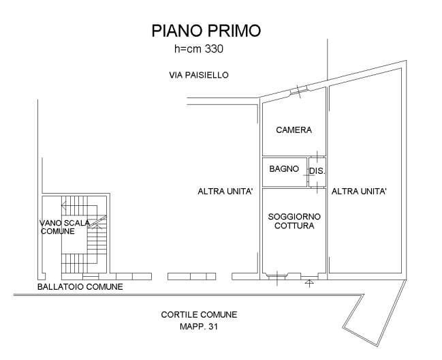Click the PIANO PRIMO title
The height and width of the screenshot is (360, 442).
point(206,31)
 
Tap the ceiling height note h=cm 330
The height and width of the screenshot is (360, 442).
point(199,49)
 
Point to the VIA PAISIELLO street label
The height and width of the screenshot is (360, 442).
point(199,75)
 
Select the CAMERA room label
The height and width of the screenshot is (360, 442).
point(294,130)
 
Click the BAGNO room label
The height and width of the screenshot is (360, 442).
point(284,168)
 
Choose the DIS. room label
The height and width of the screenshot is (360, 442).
point(317,171)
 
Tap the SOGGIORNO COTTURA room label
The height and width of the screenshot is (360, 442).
point(294,221)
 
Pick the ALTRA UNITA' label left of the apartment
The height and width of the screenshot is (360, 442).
point(225,192)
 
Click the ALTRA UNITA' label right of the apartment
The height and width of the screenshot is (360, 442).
point(359,192)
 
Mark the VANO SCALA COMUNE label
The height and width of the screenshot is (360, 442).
point(65,227)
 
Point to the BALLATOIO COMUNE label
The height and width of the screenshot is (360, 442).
point(80,287)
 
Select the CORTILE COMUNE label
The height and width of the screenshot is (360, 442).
point(199,314)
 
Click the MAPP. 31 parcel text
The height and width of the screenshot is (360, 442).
point(199,327)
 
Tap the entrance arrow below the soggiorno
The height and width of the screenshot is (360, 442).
point(309,283)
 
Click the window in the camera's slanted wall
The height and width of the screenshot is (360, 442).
point(299,90)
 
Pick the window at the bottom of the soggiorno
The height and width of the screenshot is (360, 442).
point(277,277)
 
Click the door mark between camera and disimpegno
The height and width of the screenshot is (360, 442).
point(317,157)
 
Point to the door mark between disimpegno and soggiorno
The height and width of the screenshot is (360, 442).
point(317,187)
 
